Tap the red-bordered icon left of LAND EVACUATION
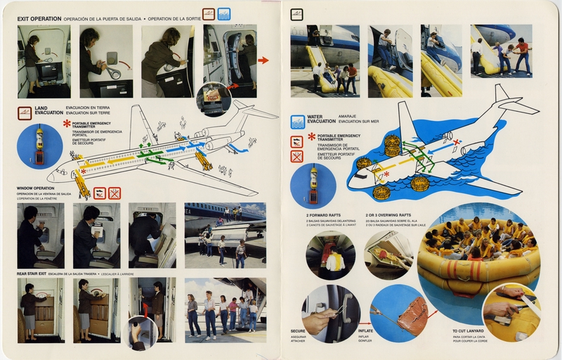[25, 112]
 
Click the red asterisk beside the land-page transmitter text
[67, 124]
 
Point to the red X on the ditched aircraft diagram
[457, 142]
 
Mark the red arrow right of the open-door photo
[263, 60]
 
